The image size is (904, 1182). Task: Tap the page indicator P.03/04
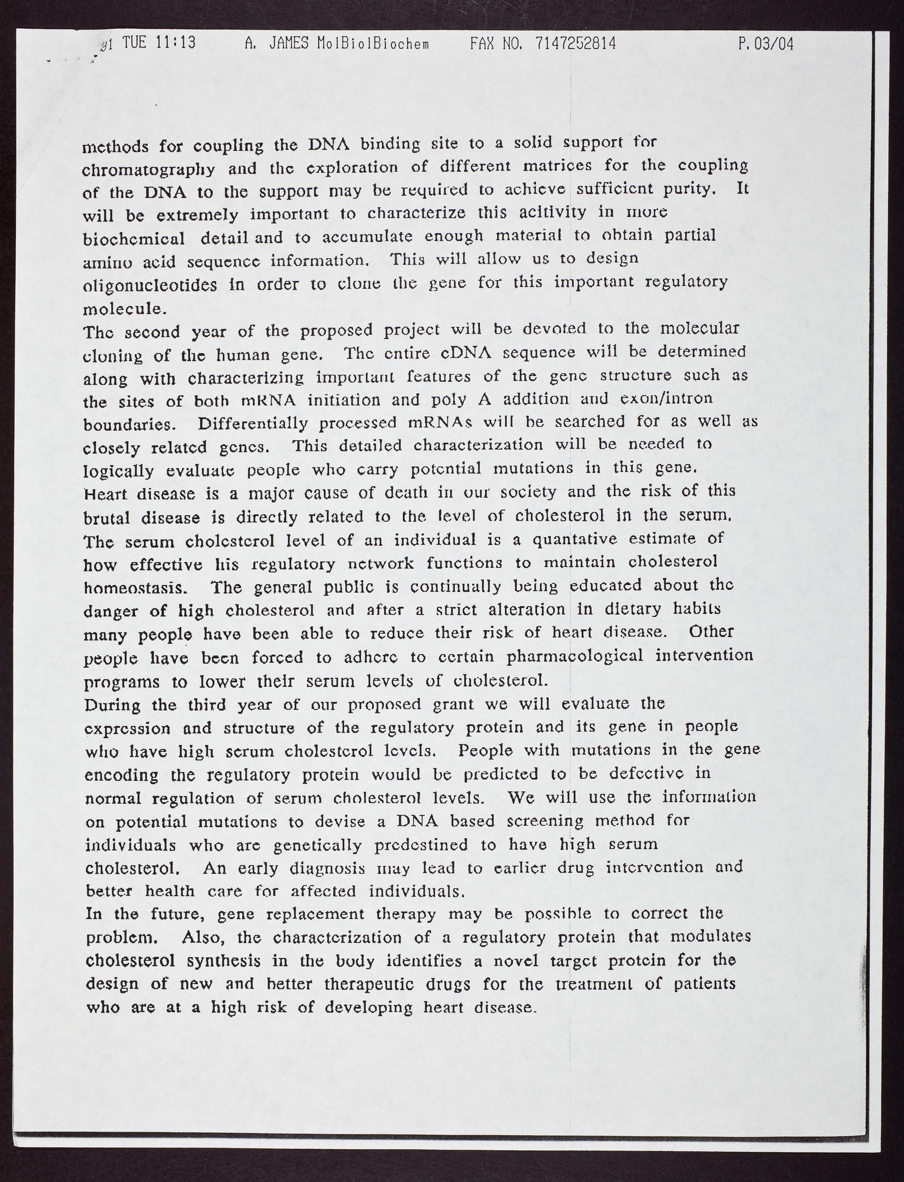tap(766, 45)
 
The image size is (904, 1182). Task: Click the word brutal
tap(107, 518)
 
